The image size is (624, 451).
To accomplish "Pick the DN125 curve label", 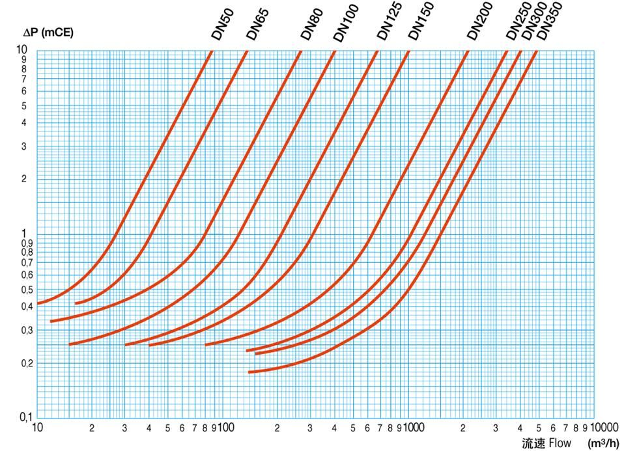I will [x=390, y=22].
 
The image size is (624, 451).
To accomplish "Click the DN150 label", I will [x=420, y=23].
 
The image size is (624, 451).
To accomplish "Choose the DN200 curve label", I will [x=480, y=21].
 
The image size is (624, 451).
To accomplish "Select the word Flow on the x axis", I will [x=560, y=444].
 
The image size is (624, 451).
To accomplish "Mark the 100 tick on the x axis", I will [x=226, y=428].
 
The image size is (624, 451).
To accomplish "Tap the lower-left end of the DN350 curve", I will [x=250, y=372].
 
